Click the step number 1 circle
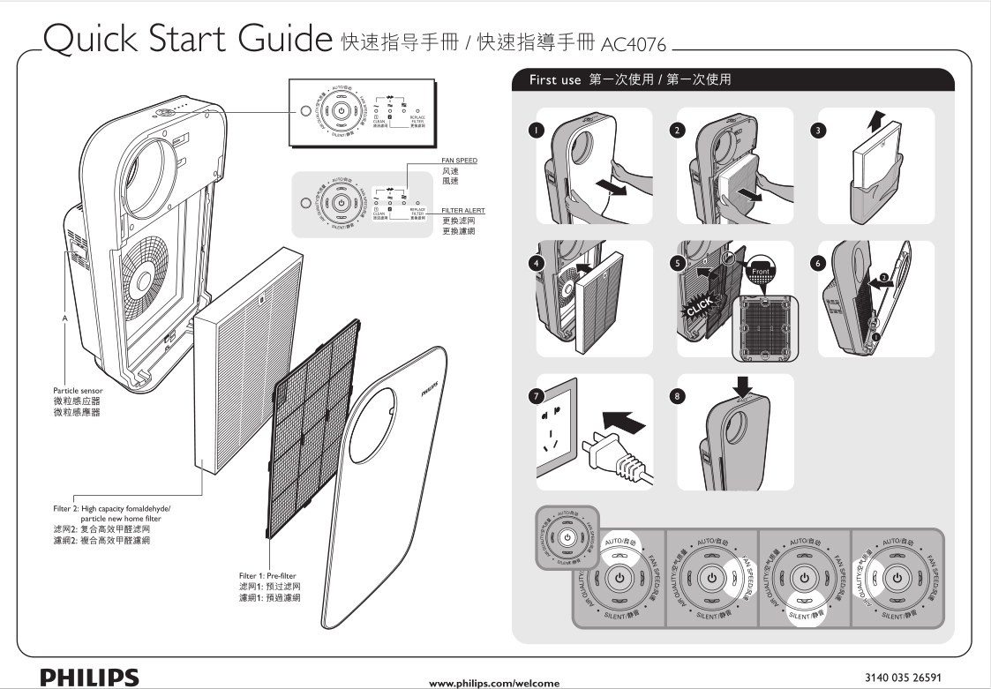(535, 130)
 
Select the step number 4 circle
(535, 262)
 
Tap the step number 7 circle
(535, 396)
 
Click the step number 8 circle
(676, 396)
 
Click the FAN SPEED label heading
(460, 159)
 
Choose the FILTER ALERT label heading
(462, 209)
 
